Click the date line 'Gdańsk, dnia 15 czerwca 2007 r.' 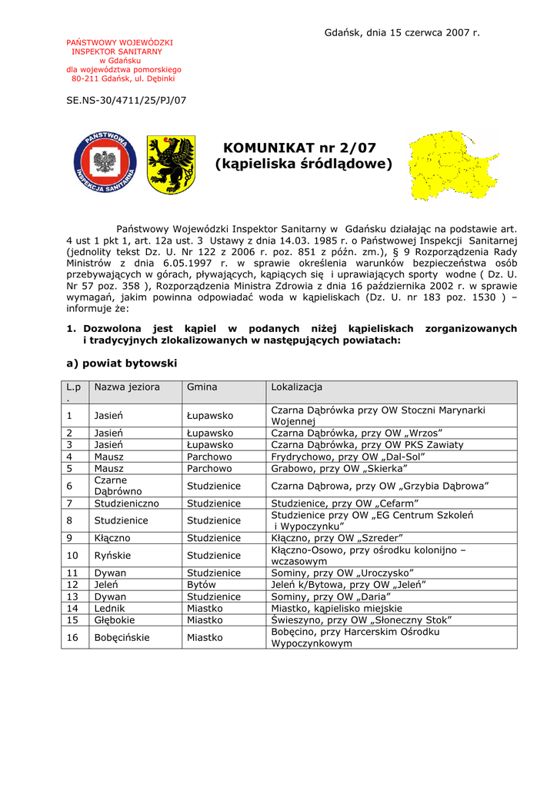coord(402,32)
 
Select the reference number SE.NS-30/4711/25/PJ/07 coord(126,100)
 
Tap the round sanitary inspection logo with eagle coord(105,162)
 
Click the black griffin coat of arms coord(171,164)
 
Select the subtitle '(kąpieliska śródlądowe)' coord(303,164)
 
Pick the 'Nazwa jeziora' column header coord(127,387)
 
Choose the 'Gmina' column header coord(202,387)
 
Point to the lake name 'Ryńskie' coord(112,555)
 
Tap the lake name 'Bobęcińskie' coord(122,637)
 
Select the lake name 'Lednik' coord(110,608)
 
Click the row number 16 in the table coord(72,637)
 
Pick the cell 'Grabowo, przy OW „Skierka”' coord(339,468)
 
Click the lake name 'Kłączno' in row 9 coord(112,538)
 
